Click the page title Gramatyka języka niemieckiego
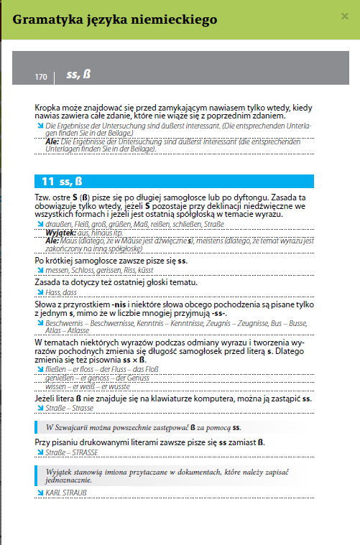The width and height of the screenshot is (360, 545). (x=114, y=20)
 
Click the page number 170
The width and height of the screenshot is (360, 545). (x=41, y=76)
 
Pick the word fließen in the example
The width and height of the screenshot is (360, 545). (x=57, y=369)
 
